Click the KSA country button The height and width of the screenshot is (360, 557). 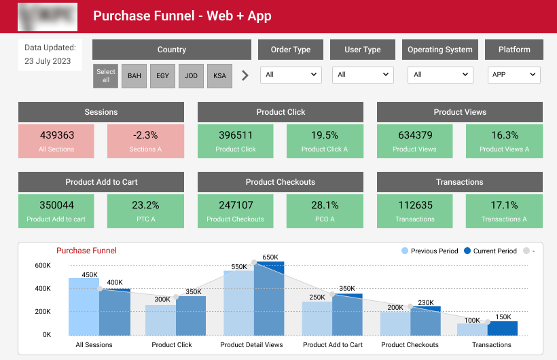coord(219,76)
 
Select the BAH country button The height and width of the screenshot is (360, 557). coord(134,76)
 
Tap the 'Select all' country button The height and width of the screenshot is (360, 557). coord(106,76)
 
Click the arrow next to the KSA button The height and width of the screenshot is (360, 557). coord(245,75)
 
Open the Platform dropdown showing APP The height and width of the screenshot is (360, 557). coord(514,75)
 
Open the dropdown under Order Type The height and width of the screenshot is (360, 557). coord(291,75)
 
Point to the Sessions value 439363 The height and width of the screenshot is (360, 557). coord(57,135)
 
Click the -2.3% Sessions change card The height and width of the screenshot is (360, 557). coord(145,141)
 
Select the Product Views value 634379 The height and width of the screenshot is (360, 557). coord(415,135)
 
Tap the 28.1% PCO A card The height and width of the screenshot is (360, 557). coord(325,210)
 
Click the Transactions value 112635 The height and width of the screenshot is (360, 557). coord(415,205)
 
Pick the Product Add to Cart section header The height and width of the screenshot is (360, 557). coord(101,182)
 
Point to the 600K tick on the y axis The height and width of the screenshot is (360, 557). coord(43,266)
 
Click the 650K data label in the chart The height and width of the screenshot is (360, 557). coord(270,257)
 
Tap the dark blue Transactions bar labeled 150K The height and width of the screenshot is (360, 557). coord(503,328)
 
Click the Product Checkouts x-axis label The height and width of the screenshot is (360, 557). coord(410,345)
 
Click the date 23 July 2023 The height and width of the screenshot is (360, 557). coord(48,61)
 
